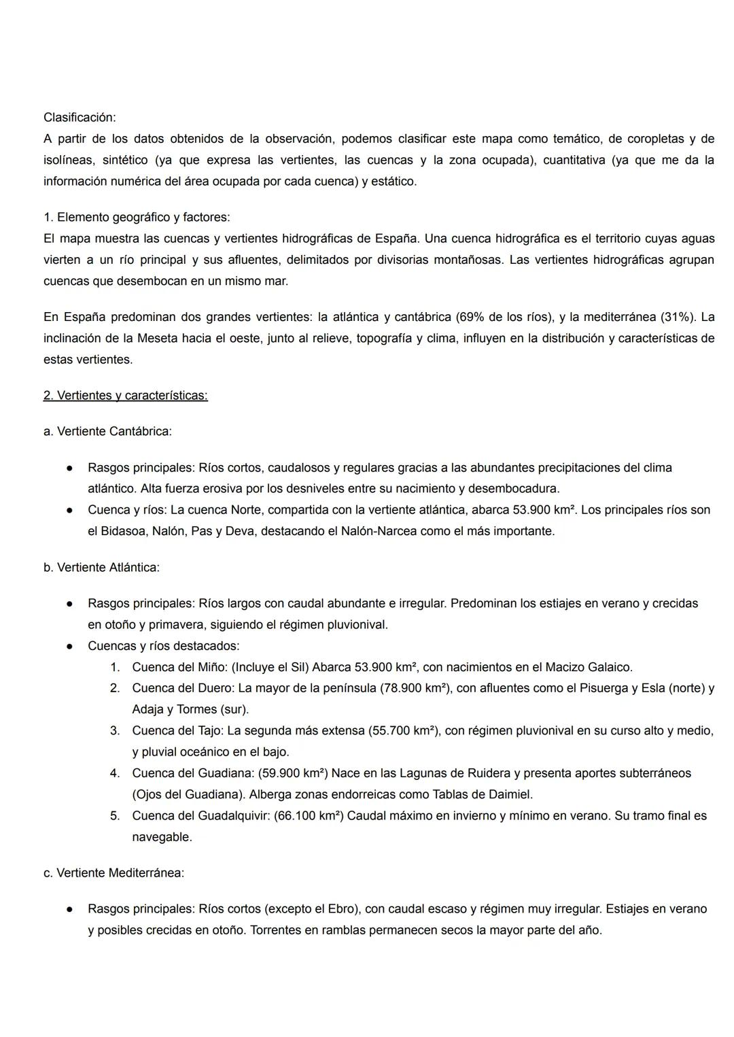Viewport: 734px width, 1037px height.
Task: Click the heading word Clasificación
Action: tap(79, 118)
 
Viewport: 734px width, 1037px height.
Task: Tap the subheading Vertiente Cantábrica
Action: tap(113, 431)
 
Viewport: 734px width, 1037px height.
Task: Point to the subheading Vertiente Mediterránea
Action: tap(120, 872)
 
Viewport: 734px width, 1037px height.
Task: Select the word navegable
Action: tap(162, 837)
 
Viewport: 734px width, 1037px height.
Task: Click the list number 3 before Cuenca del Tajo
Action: tap(115, 730)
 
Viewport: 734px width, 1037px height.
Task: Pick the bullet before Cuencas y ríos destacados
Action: tap(69, 646)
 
